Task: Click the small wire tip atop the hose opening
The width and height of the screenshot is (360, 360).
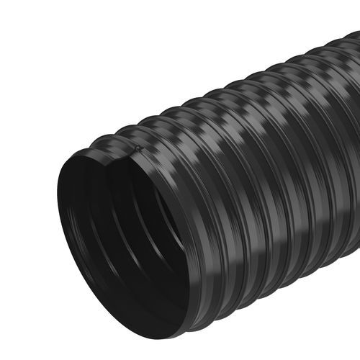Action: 137,148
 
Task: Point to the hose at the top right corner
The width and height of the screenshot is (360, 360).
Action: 346,50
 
